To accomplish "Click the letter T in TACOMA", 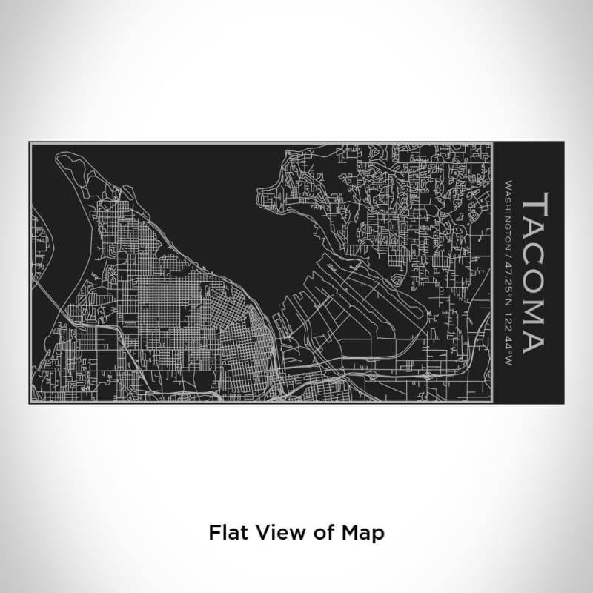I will tap(534, 205).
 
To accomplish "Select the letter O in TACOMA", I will tap(534, 282).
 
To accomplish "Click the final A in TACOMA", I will tap(534, 339).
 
